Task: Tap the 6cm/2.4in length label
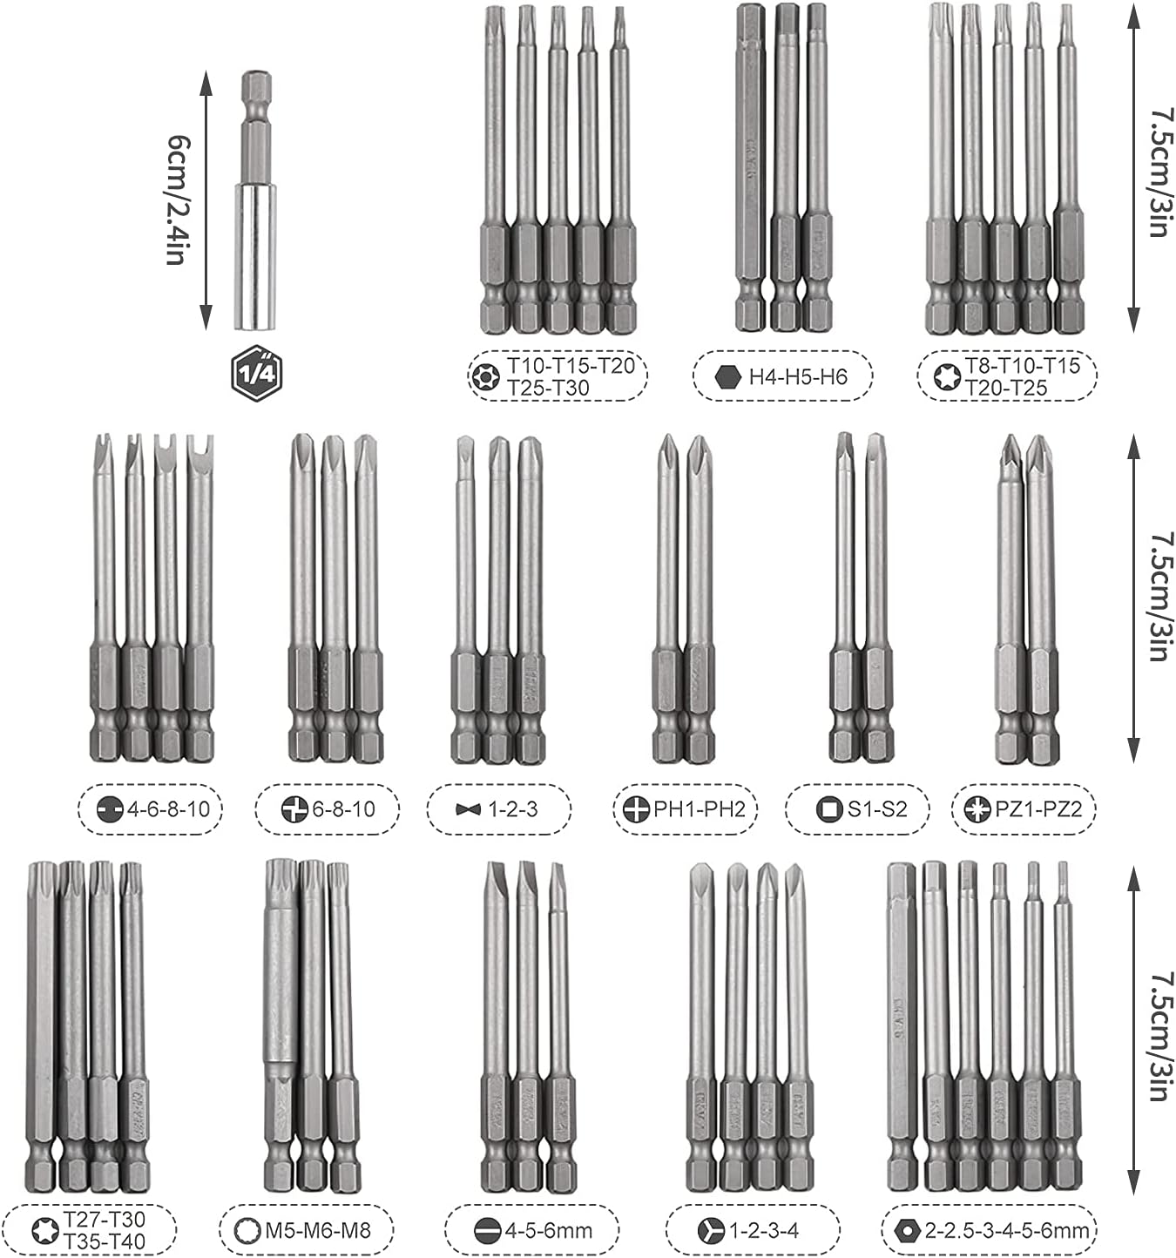click(177, 200)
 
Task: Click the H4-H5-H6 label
click(782, 376)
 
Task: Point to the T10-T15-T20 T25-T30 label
click(558, 376)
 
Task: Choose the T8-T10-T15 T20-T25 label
click(1006, 376)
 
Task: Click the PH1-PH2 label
click(686, 809)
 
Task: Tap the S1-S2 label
click(857, 809)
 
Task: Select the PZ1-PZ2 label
click(1024, 809)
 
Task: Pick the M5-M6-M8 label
click(305, 1230)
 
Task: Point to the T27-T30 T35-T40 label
click(90, 1230)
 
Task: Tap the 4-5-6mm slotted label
click(533, 1230)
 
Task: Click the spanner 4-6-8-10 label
click(151, 809)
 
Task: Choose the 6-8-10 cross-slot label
click(328, 809)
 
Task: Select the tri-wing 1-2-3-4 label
click(752, 1230)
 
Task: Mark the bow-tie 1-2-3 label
click(498, 809)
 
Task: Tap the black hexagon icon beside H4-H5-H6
click(727, 376)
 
